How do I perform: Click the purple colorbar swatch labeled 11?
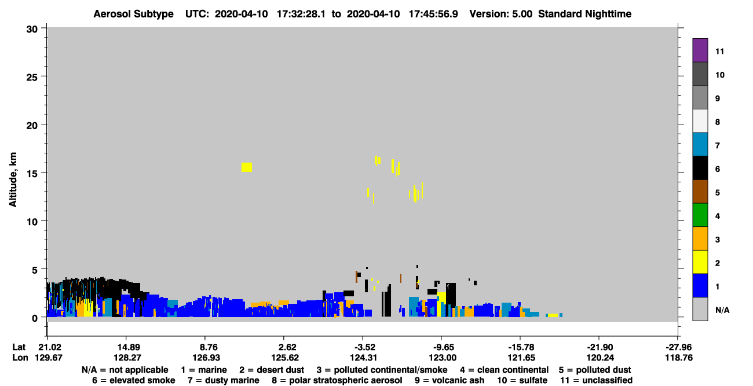pyautogui.click(x=700, y=50)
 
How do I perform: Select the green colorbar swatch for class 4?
pyautogui.click(x=700, y=215)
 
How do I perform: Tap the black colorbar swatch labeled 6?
pyautogui.click(x=700, y=168)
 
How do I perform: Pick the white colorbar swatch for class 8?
pyautogui.click(x=700, y=121)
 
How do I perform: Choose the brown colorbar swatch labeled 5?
pyautogui.click(x=700, y=192)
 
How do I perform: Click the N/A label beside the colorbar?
pyautogui.click(x=722, y=310)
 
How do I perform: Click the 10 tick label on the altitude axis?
pyautogui.click(x=32, y=222)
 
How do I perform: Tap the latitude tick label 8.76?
pyautogui.click(x=208, y=347)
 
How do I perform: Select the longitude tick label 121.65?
pyautogui.click(x=521, y=358)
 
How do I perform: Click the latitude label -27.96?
pyautogui.click(x=679, y=347)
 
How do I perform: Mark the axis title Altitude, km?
pyautogui.click(x=13, y=179)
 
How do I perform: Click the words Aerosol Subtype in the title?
pyautogui.click(x=133, y=14)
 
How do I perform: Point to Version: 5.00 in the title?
pyautogui.click(x=501, y=14)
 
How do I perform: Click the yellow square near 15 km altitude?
pyautogui.click(x=246, y=167)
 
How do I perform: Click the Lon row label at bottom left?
pyautogui.click(x=20, y=358)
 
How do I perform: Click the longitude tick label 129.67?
pyautogui.click(x=49, y=358)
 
